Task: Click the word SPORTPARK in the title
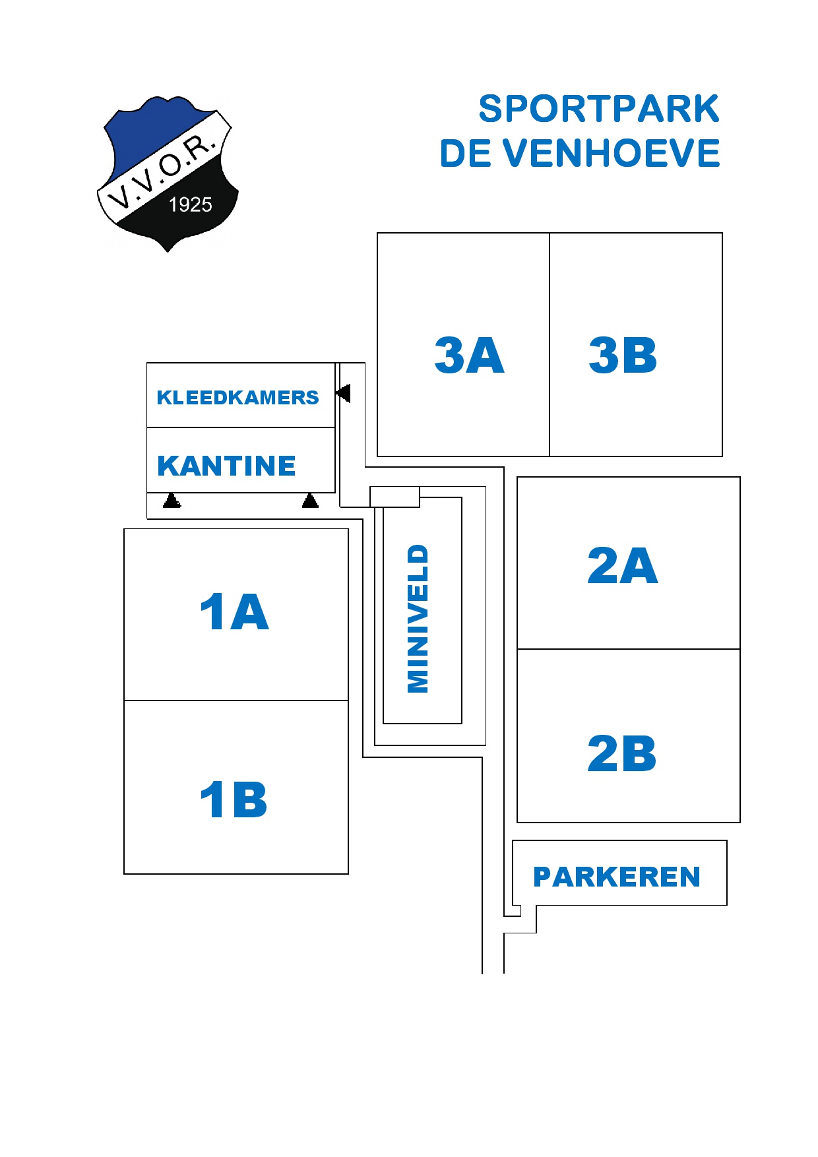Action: [x=598, y=109]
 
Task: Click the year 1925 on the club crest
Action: [x=191, y=204]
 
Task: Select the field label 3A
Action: [x=469, y=355]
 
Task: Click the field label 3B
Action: [x=623, y=355]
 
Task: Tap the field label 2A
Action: [x=622, y=565]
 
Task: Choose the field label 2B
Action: [x=621, y=753]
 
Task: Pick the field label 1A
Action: [x=234, y=611]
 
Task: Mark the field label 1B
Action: [x=234, y=799]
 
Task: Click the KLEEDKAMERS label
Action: [x=237, y=397]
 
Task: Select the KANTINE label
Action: [x=226, y=466]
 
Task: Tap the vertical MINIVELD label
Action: [x=418, y=619]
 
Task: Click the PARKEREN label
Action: [x=617, y=877]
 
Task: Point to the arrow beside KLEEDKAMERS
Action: [x=343, y=393]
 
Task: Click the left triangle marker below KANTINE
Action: [x=172, y=501]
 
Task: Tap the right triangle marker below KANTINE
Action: [x=310, y=501]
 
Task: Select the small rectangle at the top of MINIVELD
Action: [x=394, y=497]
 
